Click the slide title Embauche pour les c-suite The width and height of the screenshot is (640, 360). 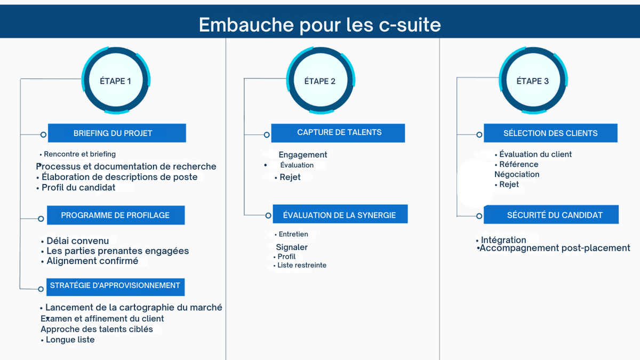pos(319,25)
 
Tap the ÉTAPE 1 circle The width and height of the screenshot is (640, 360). pos(115,81)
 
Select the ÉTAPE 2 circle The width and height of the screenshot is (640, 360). pos(320,81)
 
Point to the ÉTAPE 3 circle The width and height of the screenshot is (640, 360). pos(532,81)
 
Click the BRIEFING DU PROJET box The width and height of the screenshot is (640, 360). pos(117,133)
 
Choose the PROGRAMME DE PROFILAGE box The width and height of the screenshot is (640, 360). pos(115,215)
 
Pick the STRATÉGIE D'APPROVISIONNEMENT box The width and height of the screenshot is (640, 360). pos(115,286)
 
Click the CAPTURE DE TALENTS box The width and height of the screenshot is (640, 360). pos(338,133)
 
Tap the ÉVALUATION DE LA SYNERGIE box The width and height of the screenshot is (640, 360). pos(340,215)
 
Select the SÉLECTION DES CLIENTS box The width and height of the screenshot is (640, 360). pos(550,133)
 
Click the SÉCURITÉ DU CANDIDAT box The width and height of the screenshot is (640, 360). pos(551,215)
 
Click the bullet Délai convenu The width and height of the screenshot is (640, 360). pos(77,241)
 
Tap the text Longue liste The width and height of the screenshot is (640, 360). pos(70,340)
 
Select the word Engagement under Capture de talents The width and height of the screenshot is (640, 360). pos(303,155)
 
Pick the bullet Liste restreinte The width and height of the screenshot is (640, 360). pos(302,265)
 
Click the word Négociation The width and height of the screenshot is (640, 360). pos(517,174)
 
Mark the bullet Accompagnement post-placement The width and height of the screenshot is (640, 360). pos(555,248)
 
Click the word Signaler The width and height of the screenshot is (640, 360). pos(292,247)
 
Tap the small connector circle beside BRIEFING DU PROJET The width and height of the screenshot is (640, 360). pos(43,134)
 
